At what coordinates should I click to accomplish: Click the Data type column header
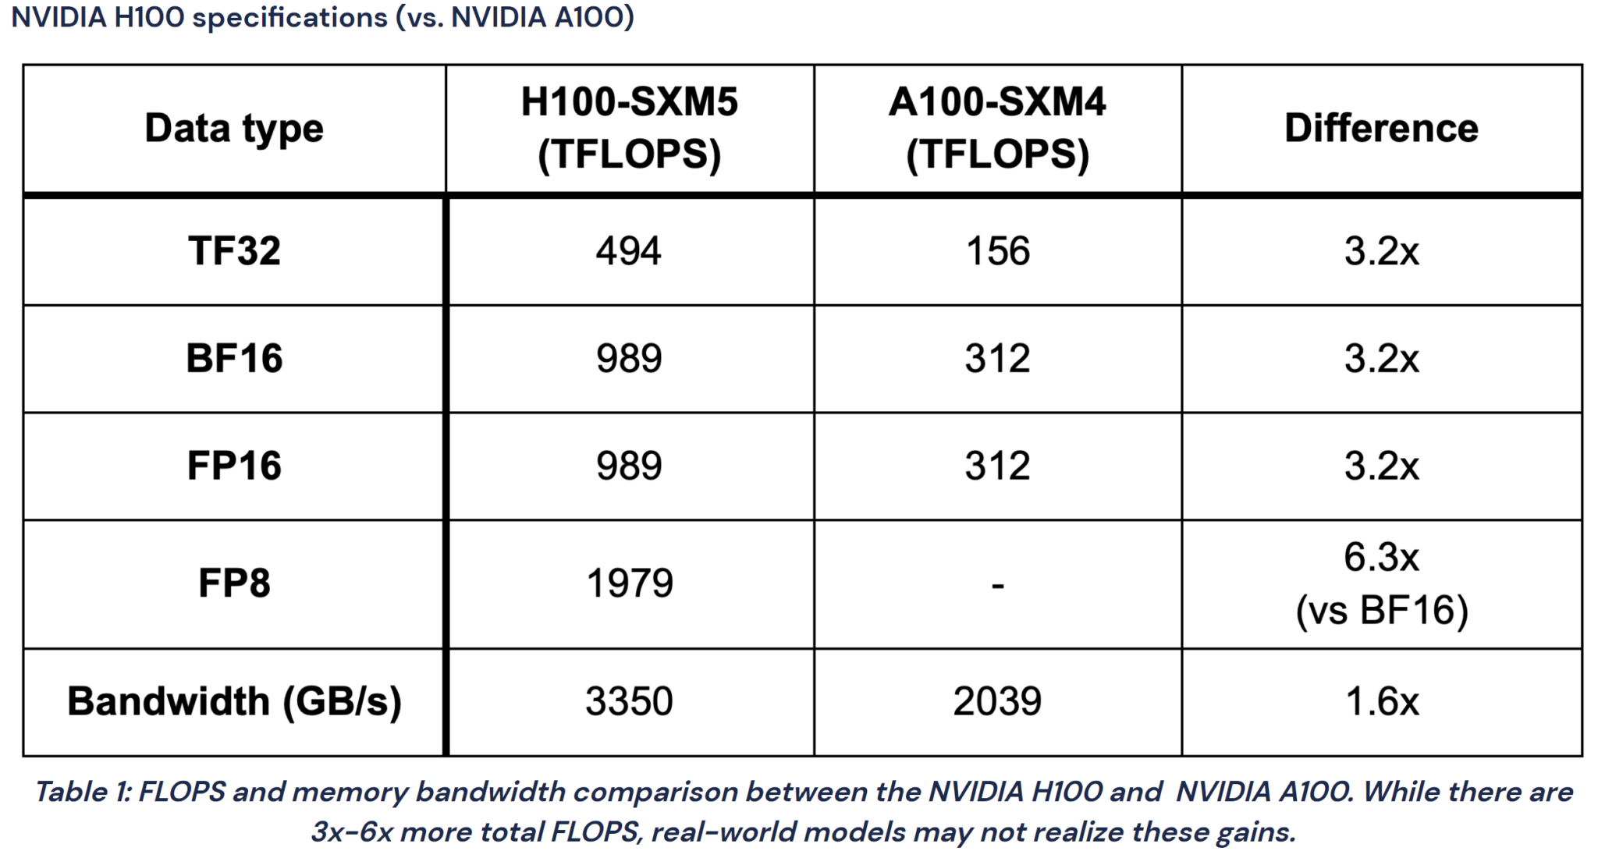(x=234, y=129)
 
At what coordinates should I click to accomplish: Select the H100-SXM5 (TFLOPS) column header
(x=629, y=129)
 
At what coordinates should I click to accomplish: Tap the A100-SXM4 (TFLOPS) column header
(x=997, y=129)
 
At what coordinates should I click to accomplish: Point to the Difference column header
(x=1381, y=129)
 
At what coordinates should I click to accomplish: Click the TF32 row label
(x=234, y=251)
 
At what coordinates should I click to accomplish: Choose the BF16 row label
(x=234, y=359)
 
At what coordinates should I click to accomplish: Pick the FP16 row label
(x=234, y=466)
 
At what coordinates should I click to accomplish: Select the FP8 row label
(x=234, y=583)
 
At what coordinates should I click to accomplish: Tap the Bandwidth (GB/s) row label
(x=234, y=701)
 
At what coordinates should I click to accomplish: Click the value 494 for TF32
(x=629, y=251)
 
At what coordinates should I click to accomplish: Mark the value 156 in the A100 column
(x=997, y=251)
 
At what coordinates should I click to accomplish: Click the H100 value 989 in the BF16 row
(x=629, y=359)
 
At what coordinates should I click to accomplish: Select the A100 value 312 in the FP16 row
(x=997, y=466)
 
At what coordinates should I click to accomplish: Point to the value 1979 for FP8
(x=629, y=583)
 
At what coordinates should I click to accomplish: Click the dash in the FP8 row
(x=997, y=585)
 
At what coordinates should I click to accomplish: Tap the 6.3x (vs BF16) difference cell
(x=1381, y=583)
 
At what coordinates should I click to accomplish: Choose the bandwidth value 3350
(x=629, y=701)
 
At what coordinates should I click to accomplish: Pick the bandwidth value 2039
(x=997, y=701)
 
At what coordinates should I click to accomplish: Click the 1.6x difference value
(x=1381, y=701)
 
